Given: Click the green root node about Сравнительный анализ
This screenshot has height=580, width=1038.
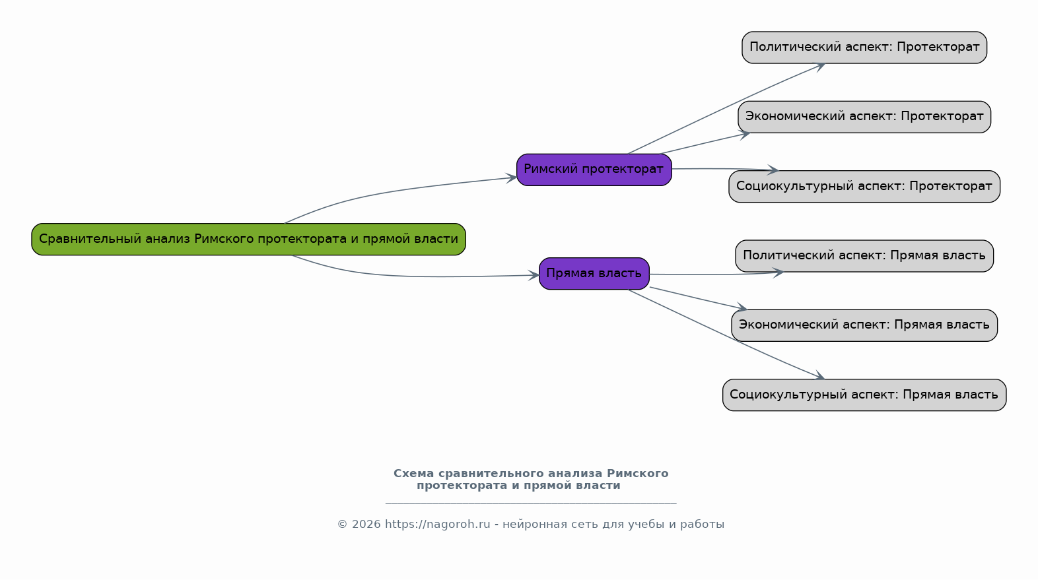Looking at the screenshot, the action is pyautogui.click(x=248, y=240).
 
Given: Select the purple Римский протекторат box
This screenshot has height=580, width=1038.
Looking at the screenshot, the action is pyautogui.click(x=594, y=170).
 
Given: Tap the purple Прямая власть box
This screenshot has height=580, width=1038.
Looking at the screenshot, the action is pyautogui.click(x=594, y=274).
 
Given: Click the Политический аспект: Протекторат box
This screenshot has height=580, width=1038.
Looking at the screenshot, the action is pyautogui.click(x=864, y=48).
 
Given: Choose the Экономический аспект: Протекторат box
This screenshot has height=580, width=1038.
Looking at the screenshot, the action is pyautogui.click(x=864, y=117).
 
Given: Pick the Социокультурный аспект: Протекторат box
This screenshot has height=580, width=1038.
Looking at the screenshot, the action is pyautogui.click(x=864, y=187).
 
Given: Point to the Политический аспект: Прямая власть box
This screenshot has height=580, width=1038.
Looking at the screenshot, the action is pyautogui.click(x=864, y=256).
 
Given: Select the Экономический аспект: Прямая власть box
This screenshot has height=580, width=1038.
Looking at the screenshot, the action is pyautogui.click(x=864, y=325).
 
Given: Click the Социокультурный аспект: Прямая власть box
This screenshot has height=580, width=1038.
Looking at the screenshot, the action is pyautogui.click(x=864, y=395).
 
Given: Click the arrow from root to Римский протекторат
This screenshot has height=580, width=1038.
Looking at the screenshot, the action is pyautogui.click(x=394, y=189).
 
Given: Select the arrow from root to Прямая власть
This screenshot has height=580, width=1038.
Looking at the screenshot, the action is pyautogui.click(x=408, y=276).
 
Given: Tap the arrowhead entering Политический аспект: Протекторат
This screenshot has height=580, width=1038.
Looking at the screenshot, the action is pyautogui.click(x=819, y=67).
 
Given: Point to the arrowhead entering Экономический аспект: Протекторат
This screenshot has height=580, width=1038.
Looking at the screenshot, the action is pyautogui.click(x=744, y=135).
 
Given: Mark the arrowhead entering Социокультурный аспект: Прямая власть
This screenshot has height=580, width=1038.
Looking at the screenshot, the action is pyautogui.click(x=819, y=376).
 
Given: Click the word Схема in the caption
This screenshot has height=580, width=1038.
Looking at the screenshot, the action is pyautogui.click(x=414, y=474).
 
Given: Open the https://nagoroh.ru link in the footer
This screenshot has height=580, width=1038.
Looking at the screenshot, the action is pyautogui.click(x=437, y=525).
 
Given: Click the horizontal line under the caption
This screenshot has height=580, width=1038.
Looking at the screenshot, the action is pyautogui.click(x=531, y=503).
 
